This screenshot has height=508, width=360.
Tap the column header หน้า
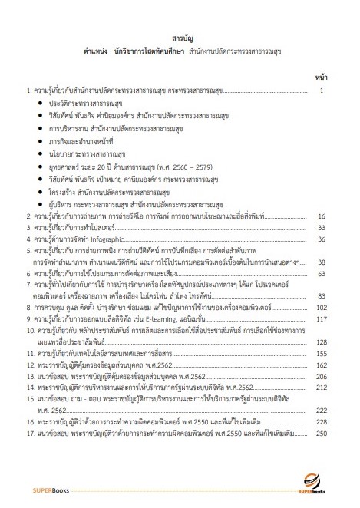coord(321,77)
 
